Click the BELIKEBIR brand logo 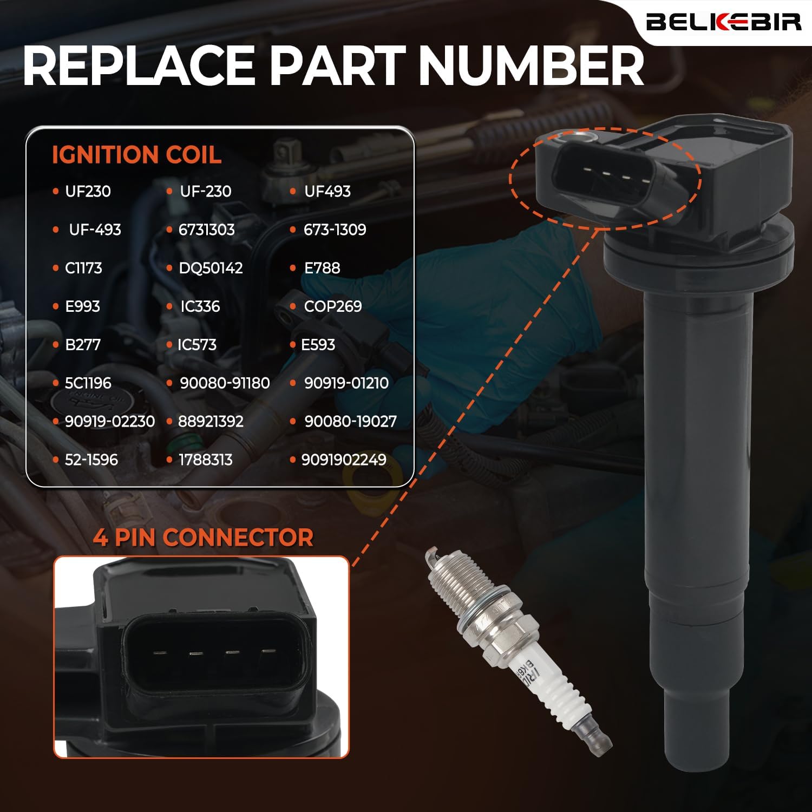(x=723, y=22)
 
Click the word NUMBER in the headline (x=531, y=66)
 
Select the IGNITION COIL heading (x=136, y=155)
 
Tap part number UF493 (x=327, y=191)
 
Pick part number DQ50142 (x=210, y=268)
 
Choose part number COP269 (x=332, y=306)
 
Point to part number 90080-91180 (x=224, y=383)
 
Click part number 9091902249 (x=343, y=460)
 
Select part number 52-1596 (x=91, y=460)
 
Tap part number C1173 (x=83, y=268)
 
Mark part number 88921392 (x=210, y=422)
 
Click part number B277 (x=82, y=345)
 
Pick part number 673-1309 (x=335, y=230)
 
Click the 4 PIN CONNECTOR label (x=203, y=538)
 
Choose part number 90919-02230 (x=109, y=422)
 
